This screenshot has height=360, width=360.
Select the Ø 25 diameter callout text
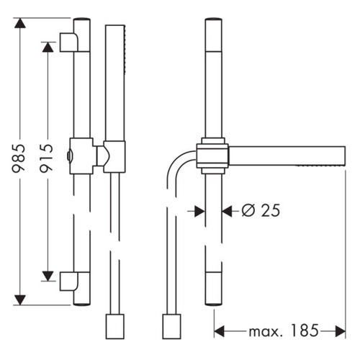click(260, 210)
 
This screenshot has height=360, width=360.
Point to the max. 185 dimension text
click(283, 332)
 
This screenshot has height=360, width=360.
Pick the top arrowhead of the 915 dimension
click(48, 46)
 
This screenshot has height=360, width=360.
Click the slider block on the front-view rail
click(81, 153)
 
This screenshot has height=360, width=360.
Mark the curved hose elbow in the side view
click(179, 164)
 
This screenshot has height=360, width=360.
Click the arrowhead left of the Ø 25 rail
click(199, 210)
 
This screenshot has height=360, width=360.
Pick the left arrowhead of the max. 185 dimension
click(220, 332)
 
